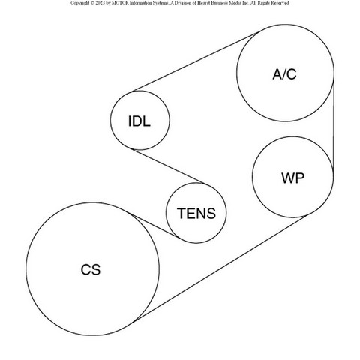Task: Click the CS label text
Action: (x=91, y=270)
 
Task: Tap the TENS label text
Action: (x=196, y=214)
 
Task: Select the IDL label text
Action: (x=139, y=121)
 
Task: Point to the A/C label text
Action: (x=284, y=74)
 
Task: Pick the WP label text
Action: (x=292, y=178)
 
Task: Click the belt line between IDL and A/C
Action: (x=196, y=62)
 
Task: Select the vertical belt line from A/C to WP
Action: (x=334, y=124)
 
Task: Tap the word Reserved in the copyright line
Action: (x=280, y=3)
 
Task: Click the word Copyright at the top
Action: (x=79, y=3)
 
